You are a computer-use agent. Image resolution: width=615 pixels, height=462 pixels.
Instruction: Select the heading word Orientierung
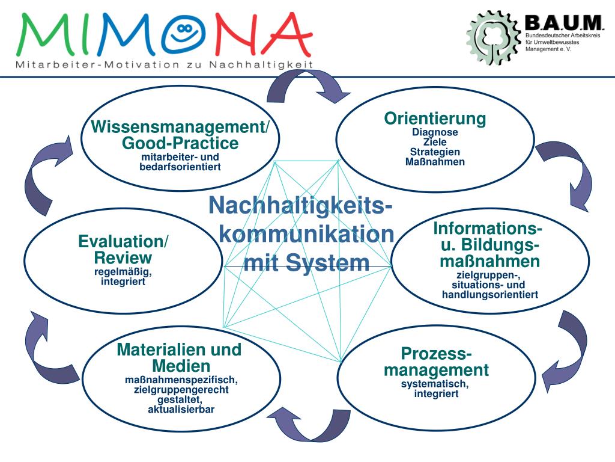point(435,119)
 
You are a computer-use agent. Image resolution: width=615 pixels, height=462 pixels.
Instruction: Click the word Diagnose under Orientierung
point(435,132)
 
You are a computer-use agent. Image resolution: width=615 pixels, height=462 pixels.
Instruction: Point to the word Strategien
point(435,152)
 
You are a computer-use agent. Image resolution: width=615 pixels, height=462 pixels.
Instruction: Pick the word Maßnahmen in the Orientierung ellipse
point(435,162)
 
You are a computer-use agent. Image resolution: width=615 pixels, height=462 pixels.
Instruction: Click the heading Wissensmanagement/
point(180,128)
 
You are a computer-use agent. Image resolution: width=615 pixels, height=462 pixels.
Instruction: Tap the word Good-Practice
point(180,143)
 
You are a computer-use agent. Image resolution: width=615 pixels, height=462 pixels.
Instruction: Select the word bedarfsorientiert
point(180,167)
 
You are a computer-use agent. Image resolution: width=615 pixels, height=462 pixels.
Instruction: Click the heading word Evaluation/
point(123,242)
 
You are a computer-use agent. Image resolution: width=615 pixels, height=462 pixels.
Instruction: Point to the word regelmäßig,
point(123,271)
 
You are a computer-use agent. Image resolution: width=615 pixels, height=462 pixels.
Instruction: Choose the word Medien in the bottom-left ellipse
point(181,366)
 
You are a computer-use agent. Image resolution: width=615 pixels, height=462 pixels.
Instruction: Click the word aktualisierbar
point(181,410)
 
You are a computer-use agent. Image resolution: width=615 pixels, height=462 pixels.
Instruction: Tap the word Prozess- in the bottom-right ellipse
point(436,353)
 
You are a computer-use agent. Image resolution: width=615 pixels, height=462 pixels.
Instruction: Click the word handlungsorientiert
point(489,295)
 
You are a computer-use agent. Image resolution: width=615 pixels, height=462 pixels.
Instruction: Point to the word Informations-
point(488,229)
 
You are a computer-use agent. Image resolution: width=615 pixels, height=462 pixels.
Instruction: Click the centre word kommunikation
point(306,234)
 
